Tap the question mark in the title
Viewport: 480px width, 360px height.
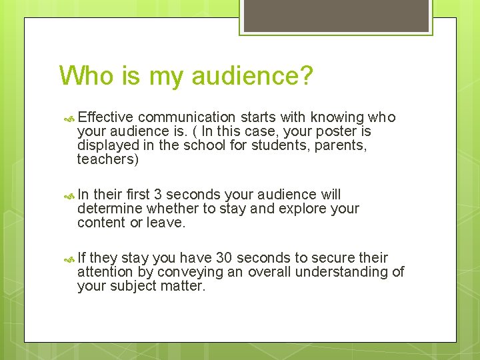[305, 75]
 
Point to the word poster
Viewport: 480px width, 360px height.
[335, 132]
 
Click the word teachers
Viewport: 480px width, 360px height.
[107, 159]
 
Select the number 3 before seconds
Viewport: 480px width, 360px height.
[157, 195]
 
